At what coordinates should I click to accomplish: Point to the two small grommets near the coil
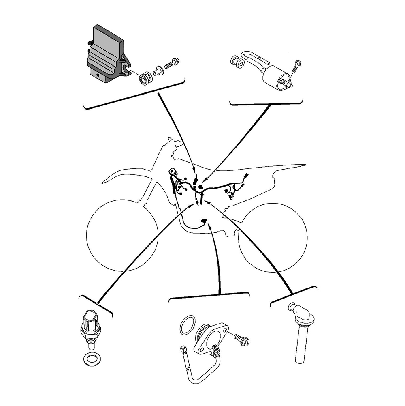coord(238,62)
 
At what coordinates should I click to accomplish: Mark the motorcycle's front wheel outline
coord(122,236)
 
